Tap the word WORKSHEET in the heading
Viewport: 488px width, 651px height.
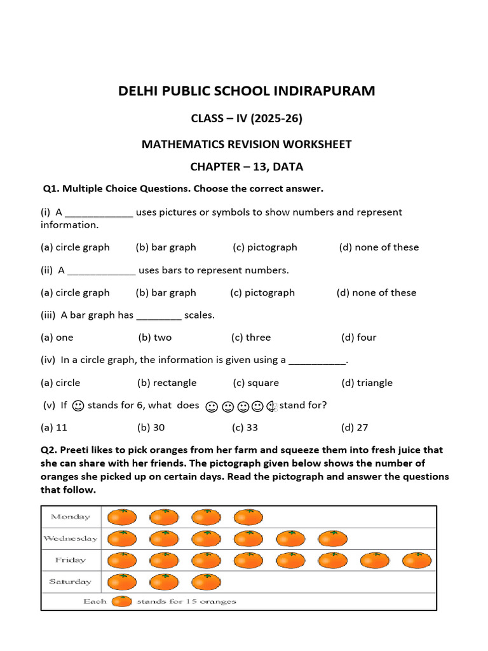click(x=315, y=144)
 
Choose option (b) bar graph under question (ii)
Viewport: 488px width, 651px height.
click(x=166, y=293)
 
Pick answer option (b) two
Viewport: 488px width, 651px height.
click(x=154, y=338)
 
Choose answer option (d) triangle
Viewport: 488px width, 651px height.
click(x=367, y=383)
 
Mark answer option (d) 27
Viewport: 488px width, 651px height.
click(x=355, y=428)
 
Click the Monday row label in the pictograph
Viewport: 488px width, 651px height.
click(x=71, y=517)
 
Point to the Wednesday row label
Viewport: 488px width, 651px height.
click(x=70, y=538)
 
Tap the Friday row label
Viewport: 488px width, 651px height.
click(x=71, y=560)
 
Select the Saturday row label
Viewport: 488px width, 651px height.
click(x=70, y=581)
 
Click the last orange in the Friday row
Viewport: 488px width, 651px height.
click(x=417, y=560)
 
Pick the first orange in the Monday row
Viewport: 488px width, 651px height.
click(x=123, y=517)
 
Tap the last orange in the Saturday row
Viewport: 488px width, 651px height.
click(x=207, y=581)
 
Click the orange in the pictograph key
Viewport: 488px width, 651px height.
click(x=122, y=601)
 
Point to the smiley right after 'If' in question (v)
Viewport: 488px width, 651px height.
click(x=78, y=405)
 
